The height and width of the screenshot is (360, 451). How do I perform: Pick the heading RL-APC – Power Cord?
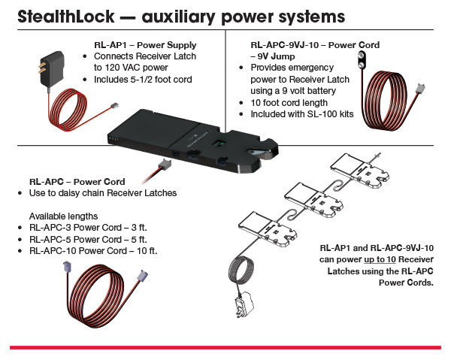tap(77, 181)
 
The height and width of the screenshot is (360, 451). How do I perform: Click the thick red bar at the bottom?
tap(225, 346)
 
